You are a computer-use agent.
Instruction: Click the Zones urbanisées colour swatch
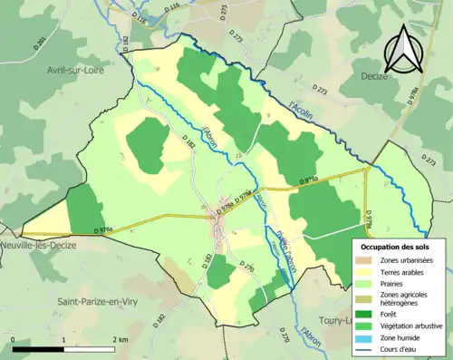tap(366, 260)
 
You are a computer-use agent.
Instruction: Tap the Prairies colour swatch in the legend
tap(366, 284)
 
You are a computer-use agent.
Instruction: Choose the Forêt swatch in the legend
tap(366, 315)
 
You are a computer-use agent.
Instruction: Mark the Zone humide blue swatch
tap(366, 338)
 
